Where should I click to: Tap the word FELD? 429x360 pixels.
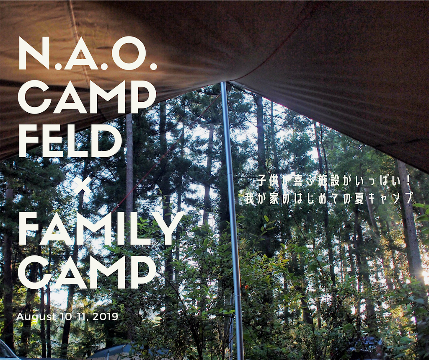tap(70, 142)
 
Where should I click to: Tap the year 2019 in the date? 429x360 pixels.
tap(105, 317)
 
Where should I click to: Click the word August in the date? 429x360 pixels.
tap(36, 317)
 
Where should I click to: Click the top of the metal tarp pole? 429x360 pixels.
tap(224, 83)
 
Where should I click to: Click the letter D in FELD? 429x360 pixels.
tap(108, 142)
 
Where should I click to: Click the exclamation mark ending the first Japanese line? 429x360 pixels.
tap(408, 181)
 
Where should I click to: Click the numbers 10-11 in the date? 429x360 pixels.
tap(73, 317)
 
